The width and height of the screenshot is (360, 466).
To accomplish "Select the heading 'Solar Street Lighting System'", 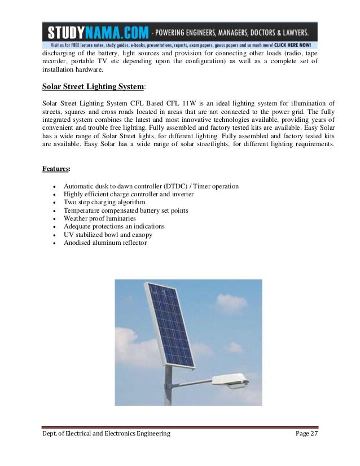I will [x=93, y=87].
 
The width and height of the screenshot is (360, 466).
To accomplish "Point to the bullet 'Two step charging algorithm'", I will [x=104, y=202].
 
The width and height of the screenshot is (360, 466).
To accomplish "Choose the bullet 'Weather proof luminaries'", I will [x=99, y=218].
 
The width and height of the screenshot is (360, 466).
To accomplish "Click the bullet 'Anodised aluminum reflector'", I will [x=105, y=243].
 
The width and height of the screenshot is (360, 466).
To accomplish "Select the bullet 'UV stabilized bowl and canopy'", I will [x=108, y=235].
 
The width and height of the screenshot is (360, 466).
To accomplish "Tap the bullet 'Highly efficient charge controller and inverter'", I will [x=129, y=194].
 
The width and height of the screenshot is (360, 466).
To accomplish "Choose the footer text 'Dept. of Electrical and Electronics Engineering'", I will [x=106, y=433].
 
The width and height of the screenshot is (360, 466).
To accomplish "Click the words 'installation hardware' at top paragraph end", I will [x=73, y=69].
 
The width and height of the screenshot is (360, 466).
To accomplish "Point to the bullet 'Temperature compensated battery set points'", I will [x=126, y=210].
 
